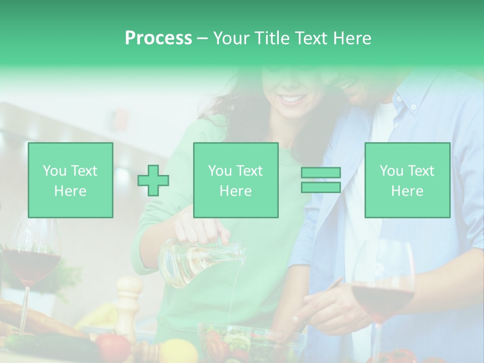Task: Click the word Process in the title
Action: click(158, 38)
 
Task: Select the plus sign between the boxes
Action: click(153, 180)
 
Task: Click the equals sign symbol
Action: click(321, 180)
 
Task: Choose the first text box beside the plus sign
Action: click(71, 180)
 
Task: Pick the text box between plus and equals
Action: click(235, 180)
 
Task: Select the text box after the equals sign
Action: click(407, 180)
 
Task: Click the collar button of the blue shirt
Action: click(413, 107)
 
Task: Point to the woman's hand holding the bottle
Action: click(204, 229)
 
